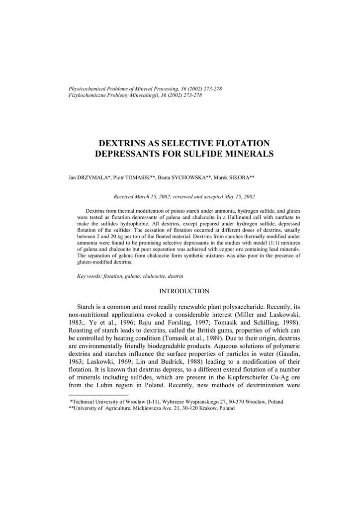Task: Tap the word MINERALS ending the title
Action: [249, 154]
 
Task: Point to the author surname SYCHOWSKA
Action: [184, 177]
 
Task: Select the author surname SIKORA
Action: [237, 177]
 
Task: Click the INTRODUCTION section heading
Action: [184, 291]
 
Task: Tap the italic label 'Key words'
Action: [89, 275]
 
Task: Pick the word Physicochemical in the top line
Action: [86, 89]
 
